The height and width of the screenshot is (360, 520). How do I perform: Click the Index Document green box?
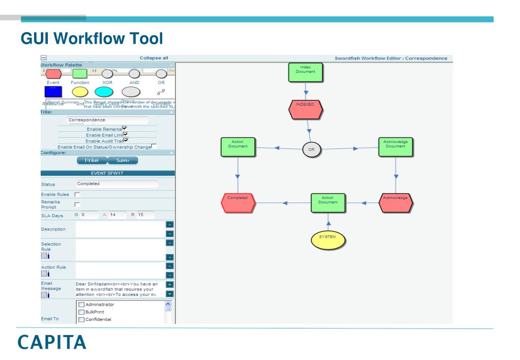point(305,72)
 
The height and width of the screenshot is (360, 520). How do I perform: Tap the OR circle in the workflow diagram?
point(312,149)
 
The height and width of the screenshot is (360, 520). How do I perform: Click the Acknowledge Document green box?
point(396,146)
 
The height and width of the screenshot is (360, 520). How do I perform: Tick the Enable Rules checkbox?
point(78,195)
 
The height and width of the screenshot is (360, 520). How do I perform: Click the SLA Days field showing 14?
point(114,215)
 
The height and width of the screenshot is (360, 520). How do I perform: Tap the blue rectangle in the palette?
point(53,92)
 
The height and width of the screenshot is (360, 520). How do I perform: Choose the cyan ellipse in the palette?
point(107,92)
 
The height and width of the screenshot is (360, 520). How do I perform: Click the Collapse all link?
point(154,58)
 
